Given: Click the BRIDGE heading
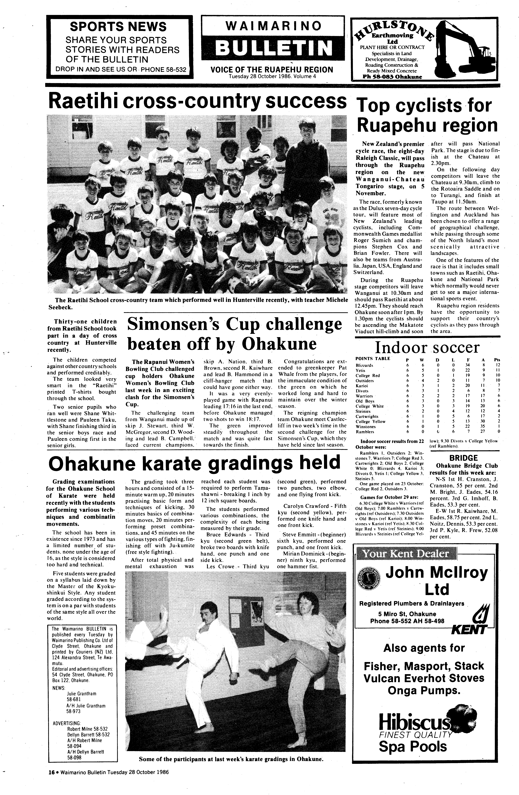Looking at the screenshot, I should pos(463,458).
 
